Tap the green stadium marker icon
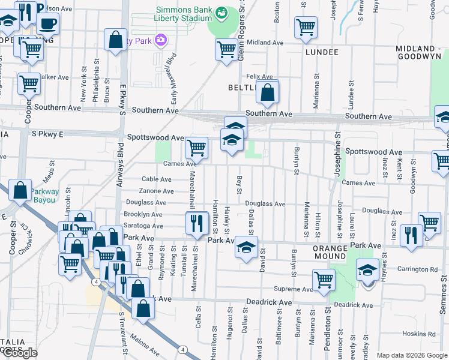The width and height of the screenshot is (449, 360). coord(221,12)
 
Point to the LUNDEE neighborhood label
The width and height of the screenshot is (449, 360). coord(322,52)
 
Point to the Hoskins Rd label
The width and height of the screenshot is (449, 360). coord(419,334)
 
